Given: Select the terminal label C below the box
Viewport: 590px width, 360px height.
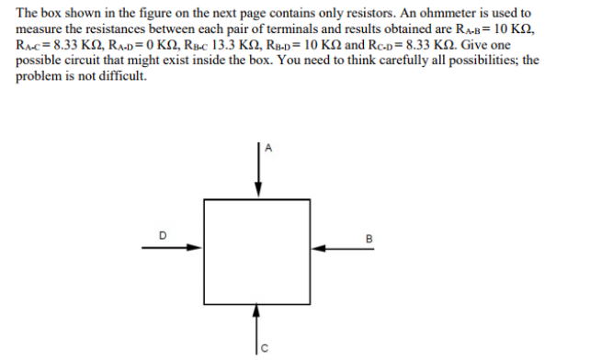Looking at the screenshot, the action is tap(267, 347).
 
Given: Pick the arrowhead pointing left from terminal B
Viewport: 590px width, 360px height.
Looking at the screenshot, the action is tap(318, 247).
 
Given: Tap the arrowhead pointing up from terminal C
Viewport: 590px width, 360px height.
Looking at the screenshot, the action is tap(258, 312).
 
